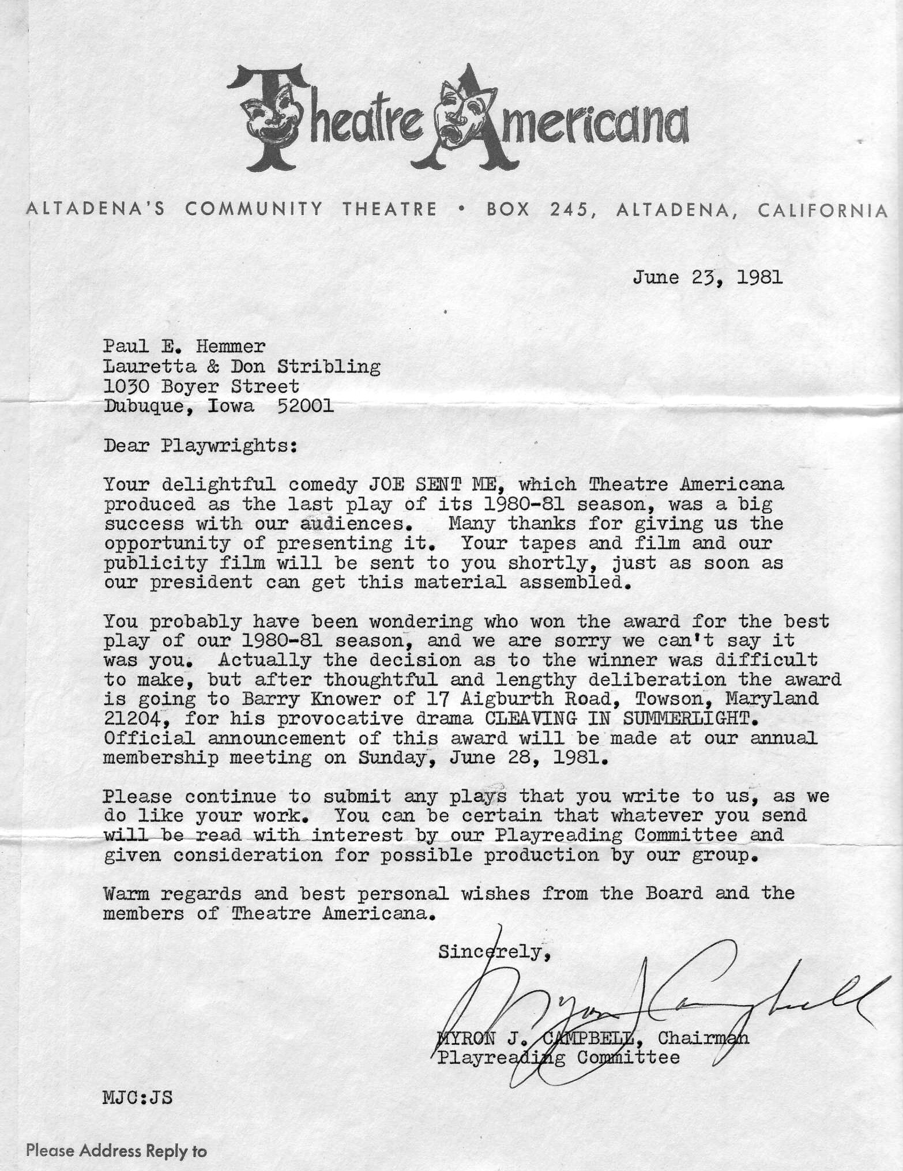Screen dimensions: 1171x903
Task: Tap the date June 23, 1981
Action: (x=708, y=278)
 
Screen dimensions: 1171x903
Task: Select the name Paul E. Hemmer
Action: (x=185, y=347)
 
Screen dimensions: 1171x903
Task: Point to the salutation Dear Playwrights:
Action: (x=200, y=446)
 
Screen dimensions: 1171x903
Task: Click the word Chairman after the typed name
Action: (x=703, y=1038)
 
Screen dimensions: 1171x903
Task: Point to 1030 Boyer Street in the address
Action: (x=201, y=386)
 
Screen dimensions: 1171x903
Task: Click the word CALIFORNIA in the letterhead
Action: (x=823, y=210)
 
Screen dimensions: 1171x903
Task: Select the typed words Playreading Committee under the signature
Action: (x=558, y=1058)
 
